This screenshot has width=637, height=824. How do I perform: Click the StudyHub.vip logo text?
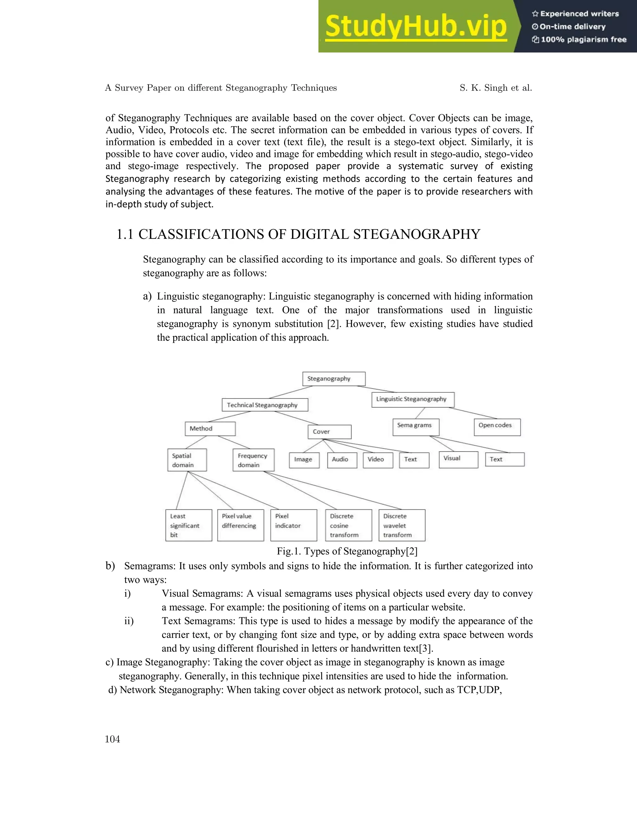[x=416, y=26]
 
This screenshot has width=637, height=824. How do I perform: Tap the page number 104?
[x=113, y=739]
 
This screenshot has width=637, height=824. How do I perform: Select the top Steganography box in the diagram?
[x=334, y=379]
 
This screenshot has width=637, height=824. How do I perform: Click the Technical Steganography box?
[x=265, y=405]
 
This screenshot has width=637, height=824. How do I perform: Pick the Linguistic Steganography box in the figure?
[x=412, y=399]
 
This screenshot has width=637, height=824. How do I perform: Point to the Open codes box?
[x=497, y=427]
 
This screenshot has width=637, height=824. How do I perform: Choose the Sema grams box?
[x=416, y=427]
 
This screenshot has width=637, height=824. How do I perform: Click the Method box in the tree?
[x=210, y=428]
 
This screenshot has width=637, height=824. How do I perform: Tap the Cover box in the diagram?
[x=329, y=432]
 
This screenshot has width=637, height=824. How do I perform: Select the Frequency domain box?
[x=253, y=460]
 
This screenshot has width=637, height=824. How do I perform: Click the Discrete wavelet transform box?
[x=402, y=525]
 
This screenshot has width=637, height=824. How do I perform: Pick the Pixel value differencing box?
[x=240, y=525]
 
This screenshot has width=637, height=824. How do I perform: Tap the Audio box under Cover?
[x=342, y=460]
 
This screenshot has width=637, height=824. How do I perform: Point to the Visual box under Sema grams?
[x=458, y=459]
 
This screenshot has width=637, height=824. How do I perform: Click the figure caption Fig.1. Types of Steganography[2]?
[x=347, y=551]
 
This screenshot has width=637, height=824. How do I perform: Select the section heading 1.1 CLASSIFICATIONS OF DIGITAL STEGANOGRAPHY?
[x=298, y=234]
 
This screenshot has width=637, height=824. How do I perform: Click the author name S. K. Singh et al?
[x=495, y=88]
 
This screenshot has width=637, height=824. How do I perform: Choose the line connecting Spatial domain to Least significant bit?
[x=182, y=490]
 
